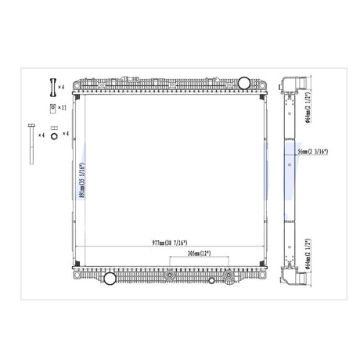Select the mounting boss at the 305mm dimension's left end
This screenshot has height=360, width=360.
tap(168, 276)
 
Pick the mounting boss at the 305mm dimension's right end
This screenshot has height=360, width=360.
tap(228, 276)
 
